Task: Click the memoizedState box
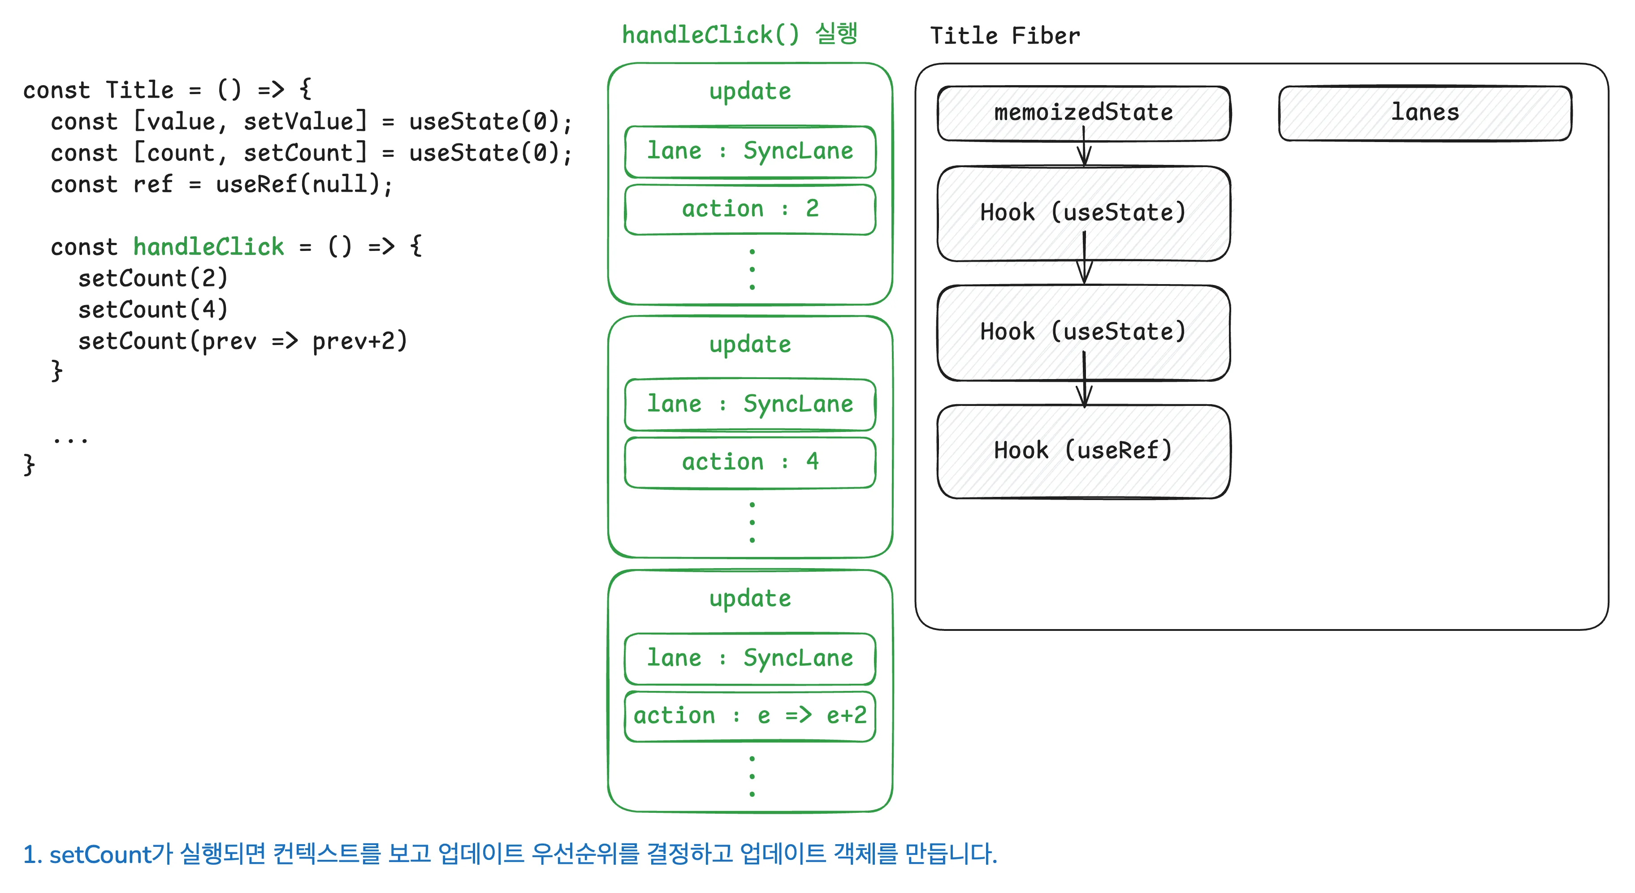click(x=1083, y=112)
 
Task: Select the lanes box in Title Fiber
click(x=1424, y=112)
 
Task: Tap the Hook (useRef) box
click(x=1083, y=451)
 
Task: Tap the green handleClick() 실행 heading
click(x=740, y=34)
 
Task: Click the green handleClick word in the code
click(x=208, y=246)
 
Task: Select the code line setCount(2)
click(x=152, y=278)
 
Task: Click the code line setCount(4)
click(x=152, y=310)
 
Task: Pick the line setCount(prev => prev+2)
click(x=242, y=341)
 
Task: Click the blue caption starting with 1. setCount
click(x=510, y=854)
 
